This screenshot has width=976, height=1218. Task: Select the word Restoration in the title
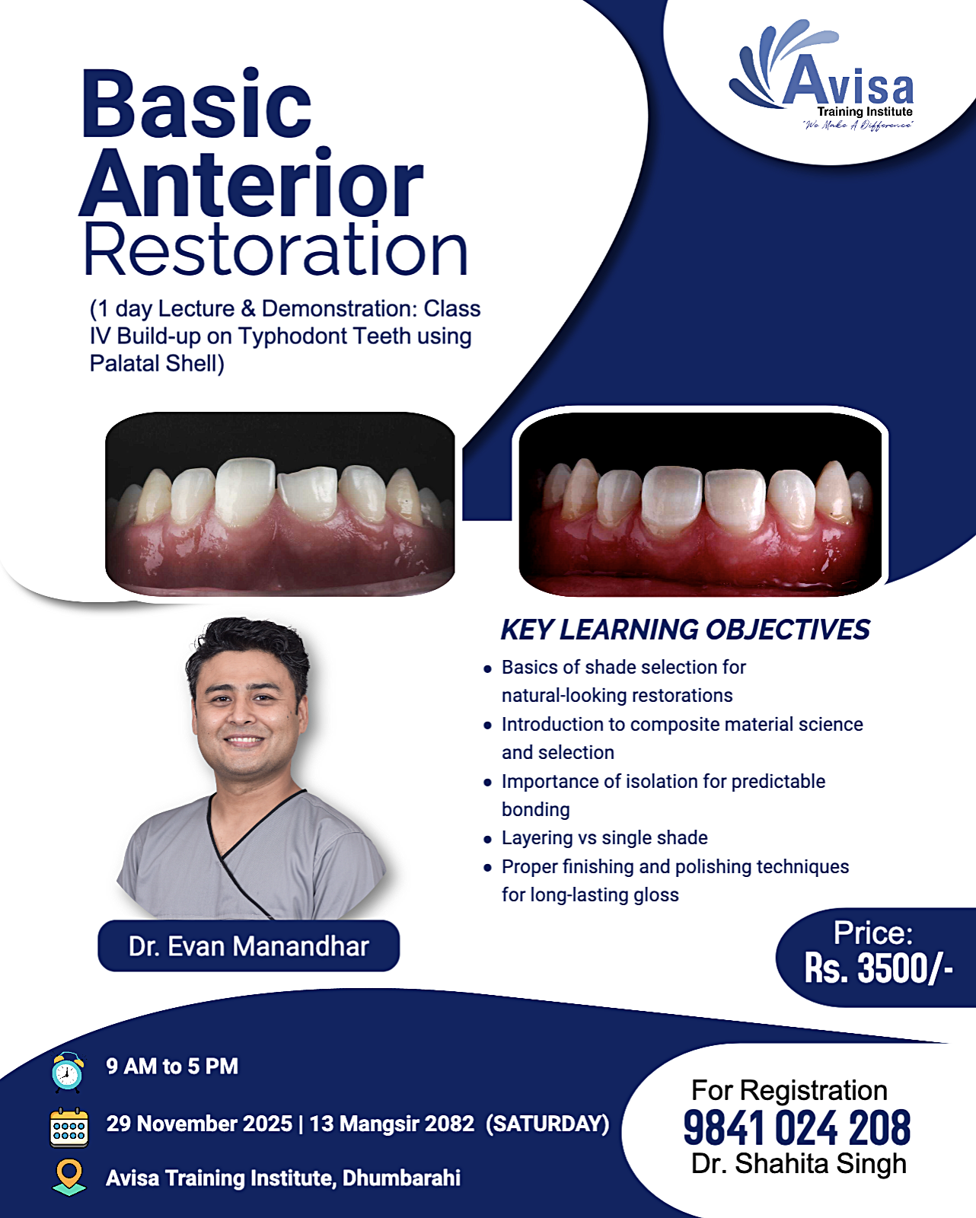[276, 249]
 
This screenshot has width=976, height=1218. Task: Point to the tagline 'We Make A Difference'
[858, 125]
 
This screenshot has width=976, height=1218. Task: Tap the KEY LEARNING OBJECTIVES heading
[685, 630]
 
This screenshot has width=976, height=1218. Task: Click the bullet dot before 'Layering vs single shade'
[487, 840]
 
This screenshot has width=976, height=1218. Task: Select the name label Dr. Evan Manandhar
[248, 946]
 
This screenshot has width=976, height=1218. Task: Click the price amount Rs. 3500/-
[879, 968]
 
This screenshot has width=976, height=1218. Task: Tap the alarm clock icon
[67, 1071]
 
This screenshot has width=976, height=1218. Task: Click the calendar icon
[69, 1127]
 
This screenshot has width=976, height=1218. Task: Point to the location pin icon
[69, 1177]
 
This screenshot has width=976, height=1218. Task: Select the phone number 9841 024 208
[797, 1128]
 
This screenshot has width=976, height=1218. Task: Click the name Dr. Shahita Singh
[799, 1164]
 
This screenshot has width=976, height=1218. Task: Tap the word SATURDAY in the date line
[547, 1124]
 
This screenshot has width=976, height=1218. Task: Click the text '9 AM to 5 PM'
[172, 1067]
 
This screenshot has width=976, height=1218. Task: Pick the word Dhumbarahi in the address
[401, 1178]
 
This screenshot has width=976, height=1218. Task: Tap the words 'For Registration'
[789, 1090]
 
